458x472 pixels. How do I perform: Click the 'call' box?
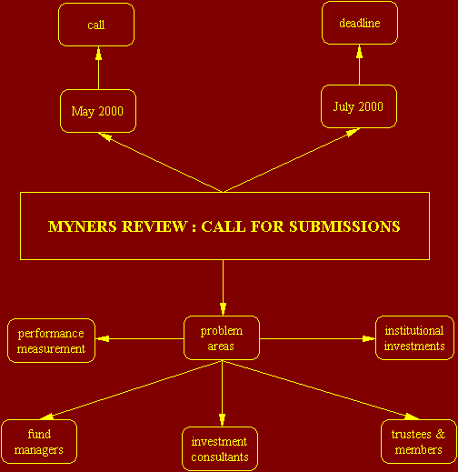(x=96, y=25)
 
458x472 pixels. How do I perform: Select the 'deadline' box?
(x=360, y=23)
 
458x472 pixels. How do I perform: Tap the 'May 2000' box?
(x=98, y=111)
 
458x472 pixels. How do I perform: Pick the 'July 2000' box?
(x=359, y=106)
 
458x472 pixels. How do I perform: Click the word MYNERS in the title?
(x=83, y=226)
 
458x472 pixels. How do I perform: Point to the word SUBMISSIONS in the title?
(x=344, y=226)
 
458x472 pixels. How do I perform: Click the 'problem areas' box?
(x=222, y=338)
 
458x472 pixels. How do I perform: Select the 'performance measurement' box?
(x=51, y=340)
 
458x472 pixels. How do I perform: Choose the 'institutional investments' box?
(x=414, y=338)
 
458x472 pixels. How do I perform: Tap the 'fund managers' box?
(x=39, y=442)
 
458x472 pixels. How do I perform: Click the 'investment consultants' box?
(x=220, y=449)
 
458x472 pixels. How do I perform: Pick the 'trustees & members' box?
(x=419, y=442)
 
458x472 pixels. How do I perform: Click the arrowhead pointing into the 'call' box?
(x=98, y=53)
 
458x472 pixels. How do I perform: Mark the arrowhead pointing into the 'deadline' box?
(x=360, y=51)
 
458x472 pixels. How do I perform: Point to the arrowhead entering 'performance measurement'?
(x=103, y=338)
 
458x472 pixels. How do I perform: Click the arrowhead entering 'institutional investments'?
(x=369, y=338)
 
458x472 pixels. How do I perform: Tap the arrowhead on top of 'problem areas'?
(x=224, y=309)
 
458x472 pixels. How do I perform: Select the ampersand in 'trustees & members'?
(x=441, y=434)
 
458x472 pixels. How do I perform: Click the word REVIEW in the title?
(x=154, y=226)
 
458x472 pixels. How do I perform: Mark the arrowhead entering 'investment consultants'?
(x=222, y=420)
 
